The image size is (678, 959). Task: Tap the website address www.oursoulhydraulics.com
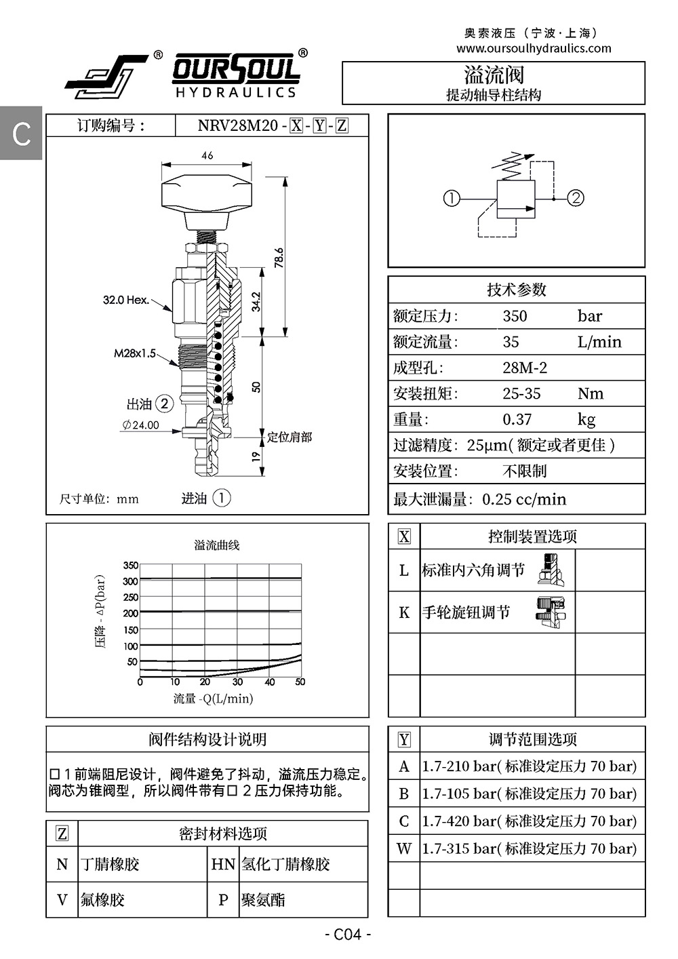tap(534, 49)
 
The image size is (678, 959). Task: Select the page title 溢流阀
tap(494, 74)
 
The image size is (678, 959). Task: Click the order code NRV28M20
tap(238, 125)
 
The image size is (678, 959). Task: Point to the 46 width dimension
tap(207, 155)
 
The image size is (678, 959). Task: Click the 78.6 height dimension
tap(279, 258)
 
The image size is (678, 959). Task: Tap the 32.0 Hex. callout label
tap(126, 300)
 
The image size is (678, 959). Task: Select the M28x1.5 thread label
tap(135, 353)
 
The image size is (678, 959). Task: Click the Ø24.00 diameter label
tap(141, 425)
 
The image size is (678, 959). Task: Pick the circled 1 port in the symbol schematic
tap(452, 198)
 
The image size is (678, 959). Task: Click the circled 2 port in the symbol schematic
tap(576, 198)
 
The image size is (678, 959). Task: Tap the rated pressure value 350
tap(515, 316)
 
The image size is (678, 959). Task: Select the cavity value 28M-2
tap(525, 368)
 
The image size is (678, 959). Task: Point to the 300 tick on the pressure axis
tap(130, 581)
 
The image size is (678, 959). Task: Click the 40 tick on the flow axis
tap(270, 682)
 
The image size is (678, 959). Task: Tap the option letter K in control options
tap(404, 612)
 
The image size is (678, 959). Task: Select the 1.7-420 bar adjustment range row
tap(529, 821)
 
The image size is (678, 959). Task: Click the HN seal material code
tap(223, 864)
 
